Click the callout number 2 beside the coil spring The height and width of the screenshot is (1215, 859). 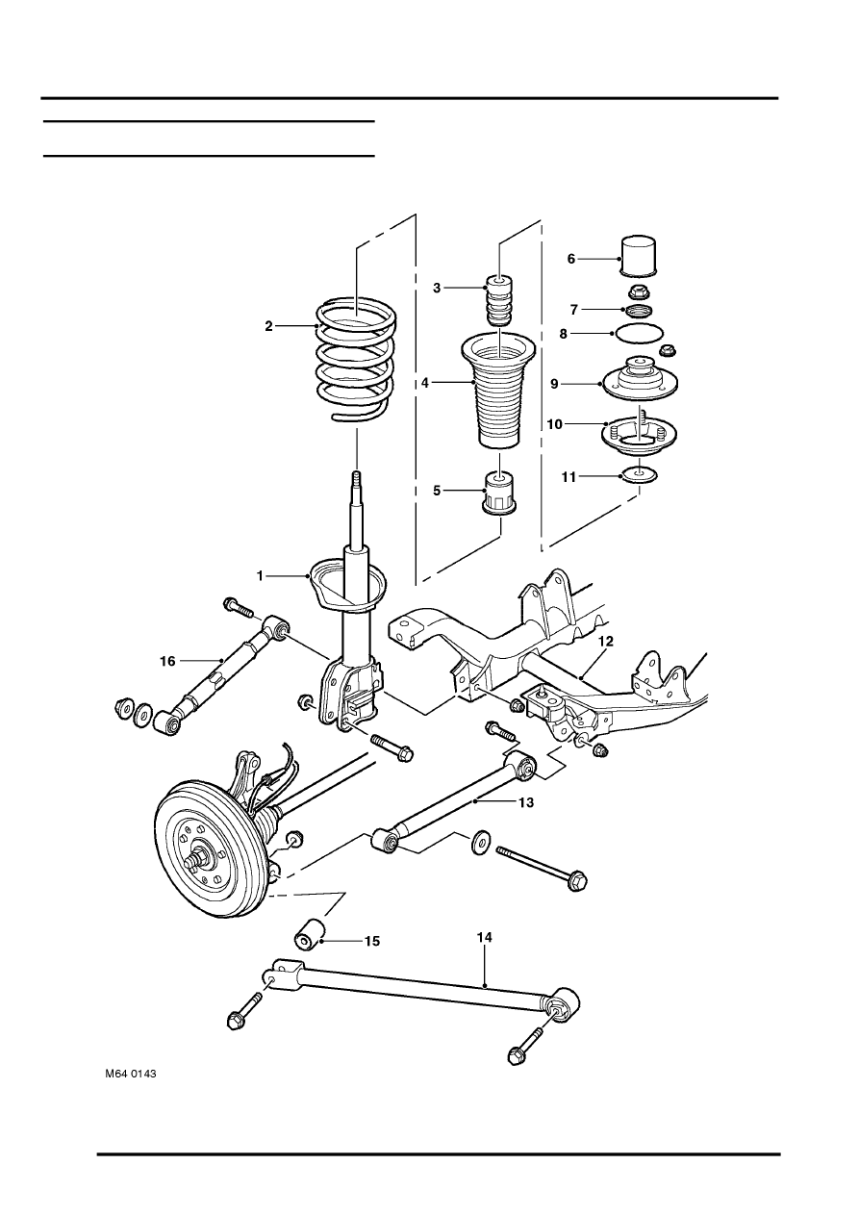(x=268, y=326)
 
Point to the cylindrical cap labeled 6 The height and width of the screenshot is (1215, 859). (x=638, y=254)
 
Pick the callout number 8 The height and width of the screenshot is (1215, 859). (x=563, y=334)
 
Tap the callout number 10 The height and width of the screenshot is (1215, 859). (x=554, y=424)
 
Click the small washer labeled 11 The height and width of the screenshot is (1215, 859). (x=640, y=475)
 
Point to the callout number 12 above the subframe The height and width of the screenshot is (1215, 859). (x=605, y=641)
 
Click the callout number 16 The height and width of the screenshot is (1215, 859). (x=167, y=661)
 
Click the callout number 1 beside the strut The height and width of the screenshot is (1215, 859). (x=260, y=575)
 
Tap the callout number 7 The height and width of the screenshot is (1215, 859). (x=573, y=310)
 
